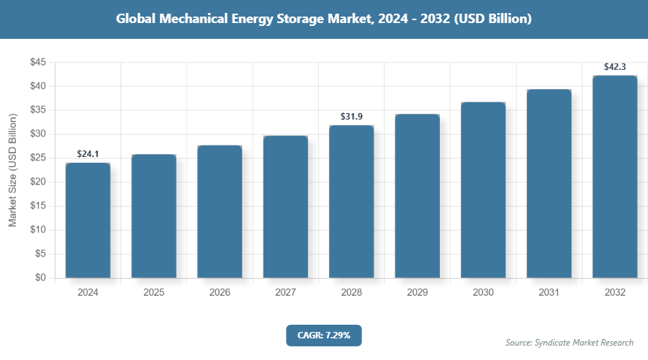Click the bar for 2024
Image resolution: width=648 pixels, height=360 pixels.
pos(88,220)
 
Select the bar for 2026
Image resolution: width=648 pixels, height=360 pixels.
pos(220,212)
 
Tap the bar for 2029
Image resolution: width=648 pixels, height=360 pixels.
pos(418,196)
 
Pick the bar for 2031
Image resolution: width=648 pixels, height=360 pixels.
pos(549,184)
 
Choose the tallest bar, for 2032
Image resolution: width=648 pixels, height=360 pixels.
pos(615,176)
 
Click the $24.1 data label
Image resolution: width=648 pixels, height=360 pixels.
pos(88,154)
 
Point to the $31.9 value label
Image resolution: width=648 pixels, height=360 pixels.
pos(351,117)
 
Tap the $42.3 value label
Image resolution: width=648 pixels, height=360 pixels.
pos(615,67)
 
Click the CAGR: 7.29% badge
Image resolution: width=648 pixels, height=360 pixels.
pos(323,336)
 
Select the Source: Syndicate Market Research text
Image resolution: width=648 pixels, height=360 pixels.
pos(570,342)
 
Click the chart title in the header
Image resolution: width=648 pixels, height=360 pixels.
pos(324,19)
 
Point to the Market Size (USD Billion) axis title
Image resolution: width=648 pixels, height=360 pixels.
pos(13,170)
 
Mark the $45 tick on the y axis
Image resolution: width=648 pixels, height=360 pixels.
pos(37,63)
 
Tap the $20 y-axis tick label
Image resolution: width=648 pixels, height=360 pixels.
pos(37,182)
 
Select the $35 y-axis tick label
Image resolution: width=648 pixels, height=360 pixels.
pos(37,110)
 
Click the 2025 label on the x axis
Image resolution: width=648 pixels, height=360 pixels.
pos(153,293)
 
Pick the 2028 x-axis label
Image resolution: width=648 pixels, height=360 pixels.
pos(351,293)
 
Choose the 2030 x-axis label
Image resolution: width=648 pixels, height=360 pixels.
pos(483,293)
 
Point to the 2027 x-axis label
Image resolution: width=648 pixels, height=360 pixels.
pos(285,293)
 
